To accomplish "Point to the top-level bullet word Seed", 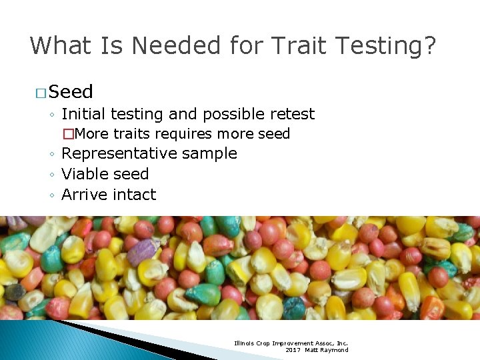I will coord(71,92).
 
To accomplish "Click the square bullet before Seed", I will coord(41,93).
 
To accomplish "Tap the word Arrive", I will coord(85,195).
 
